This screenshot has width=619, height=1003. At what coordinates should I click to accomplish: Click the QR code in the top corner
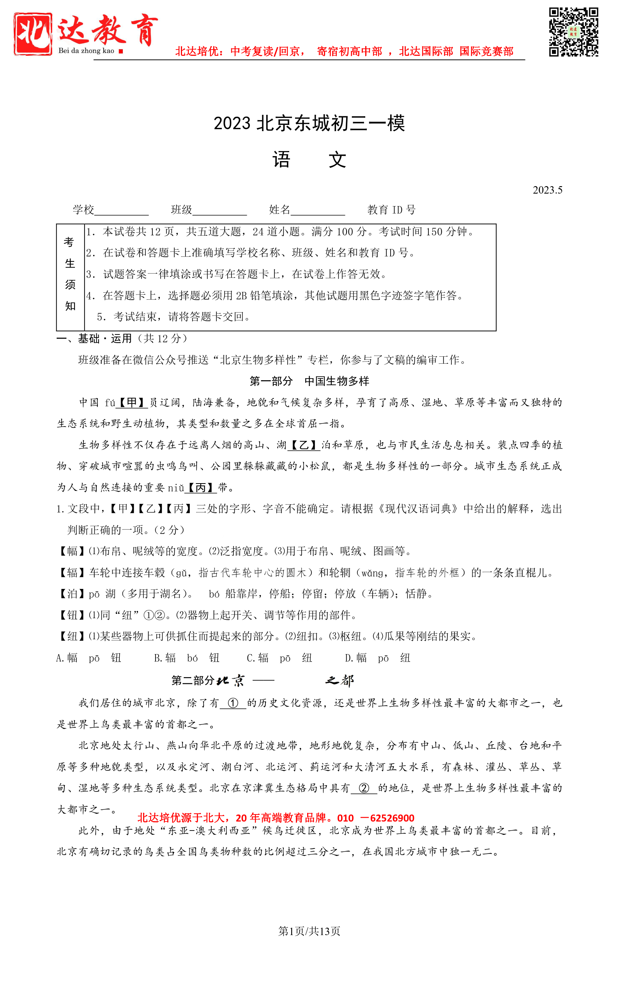pos(573,32)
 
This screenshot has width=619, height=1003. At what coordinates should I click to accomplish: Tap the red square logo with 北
pos(33,34)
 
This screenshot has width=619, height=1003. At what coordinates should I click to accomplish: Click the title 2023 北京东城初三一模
pos(309,123)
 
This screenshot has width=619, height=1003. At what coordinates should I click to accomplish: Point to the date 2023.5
pos(547,190)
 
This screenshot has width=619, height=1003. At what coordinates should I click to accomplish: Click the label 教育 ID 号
pos(391,210)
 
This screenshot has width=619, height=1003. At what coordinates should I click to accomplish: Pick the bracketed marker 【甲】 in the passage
pos(131,402)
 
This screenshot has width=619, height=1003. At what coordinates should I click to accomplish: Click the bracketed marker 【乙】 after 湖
pos(303,445)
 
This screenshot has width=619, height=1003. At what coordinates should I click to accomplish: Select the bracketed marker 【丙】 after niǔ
pos(200,488)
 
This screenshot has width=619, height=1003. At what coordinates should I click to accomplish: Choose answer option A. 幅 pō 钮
pos(88,658)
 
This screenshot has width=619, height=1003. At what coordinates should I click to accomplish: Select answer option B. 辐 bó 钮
pos(187,658)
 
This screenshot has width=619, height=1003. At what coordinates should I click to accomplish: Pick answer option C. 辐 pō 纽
pos(279,658)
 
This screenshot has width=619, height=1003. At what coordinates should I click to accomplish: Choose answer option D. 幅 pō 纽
pos(377,658)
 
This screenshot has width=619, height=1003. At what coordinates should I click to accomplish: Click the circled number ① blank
pos(233,703)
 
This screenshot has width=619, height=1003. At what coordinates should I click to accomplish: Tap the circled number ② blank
pos(364,788)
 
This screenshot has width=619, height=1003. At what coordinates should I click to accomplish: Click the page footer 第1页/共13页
pos(309,931)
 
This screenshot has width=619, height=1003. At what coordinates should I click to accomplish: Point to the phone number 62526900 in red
pos(392,818)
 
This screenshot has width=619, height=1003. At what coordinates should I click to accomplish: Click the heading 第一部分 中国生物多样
pos(309,381)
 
